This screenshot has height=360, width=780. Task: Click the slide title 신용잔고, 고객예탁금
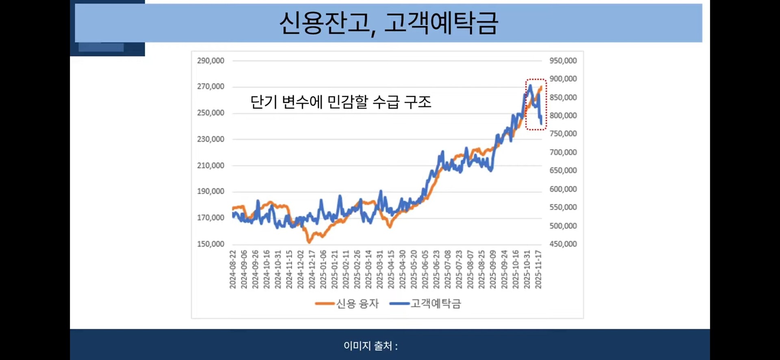point(388,23)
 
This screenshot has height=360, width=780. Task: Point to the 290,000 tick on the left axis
point(210,61)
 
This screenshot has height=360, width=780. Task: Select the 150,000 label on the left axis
point(210,244)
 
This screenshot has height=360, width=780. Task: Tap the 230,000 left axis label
point(210,139)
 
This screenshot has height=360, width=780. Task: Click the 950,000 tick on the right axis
point(563,61)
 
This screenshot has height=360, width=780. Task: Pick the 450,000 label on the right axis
point(563,244)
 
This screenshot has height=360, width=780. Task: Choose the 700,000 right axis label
point(563,152)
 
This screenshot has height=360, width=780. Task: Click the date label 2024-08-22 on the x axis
point(233,269)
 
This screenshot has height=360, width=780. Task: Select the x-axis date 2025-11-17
point(538,269)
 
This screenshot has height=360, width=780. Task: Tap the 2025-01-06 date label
point(323,269)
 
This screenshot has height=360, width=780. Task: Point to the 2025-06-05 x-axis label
point(425,269)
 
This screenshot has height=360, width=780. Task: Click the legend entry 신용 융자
point(357,304)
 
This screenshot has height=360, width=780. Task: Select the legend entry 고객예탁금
point(435,304)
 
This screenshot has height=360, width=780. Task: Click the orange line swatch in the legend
point(325,304)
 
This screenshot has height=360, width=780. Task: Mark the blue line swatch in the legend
point(399,304)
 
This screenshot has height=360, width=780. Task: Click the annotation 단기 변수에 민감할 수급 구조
point(340,102)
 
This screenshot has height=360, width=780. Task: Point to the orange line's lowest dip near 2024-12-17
point(309,242)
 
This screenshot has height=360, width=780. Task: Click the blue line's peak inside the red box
point(530,86)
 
